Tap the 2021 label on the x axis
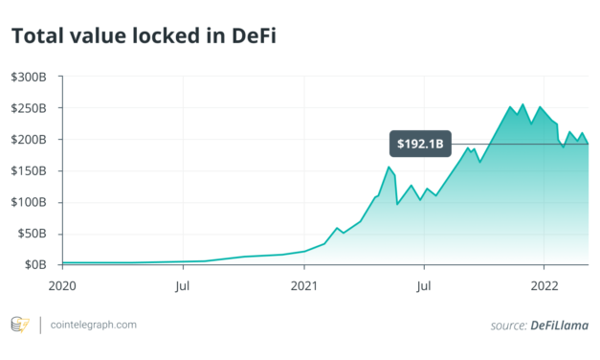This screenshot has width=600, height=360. point(303,284)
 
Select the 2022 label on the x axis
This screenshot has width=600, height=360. point(544,284)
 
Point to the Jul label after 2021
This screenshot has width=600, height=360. point(424,284)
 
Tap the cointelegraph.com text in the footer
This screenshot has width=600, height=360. point(93,325)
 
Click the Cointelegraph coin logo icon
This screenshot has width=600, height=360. point(19,325)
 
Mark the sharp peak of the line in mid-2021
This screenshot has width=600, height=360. point(389,167)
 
